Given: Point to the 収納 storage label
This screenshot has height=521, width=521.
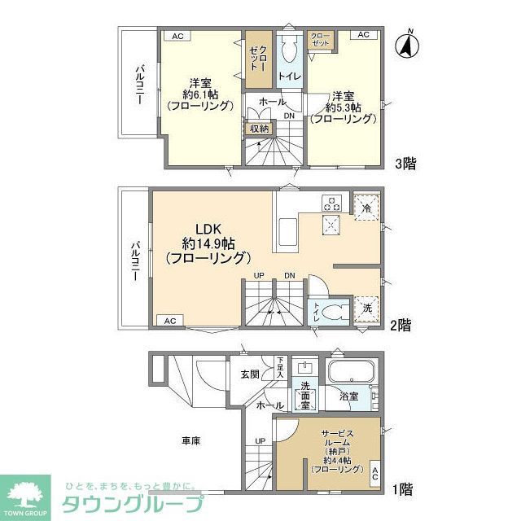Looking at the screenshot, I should pos(259,128).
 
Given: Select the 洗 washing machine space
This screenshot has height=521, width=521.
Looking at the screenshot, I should pos(367,309).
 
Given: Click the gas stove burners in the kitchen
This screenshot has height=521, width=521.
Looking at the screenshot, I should pos(331,202).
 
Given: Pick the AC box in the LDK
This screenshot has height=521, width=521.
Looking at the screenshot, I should pos(169,321).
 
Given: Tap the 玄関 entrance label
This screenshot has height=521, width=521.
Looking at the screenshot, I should pos(249,374).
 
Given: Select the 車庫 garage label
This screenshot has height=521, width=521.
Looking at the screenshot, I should pos(190,440).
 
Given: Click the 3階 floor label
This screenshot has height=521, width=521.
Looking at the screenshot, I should pos(405,164).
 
